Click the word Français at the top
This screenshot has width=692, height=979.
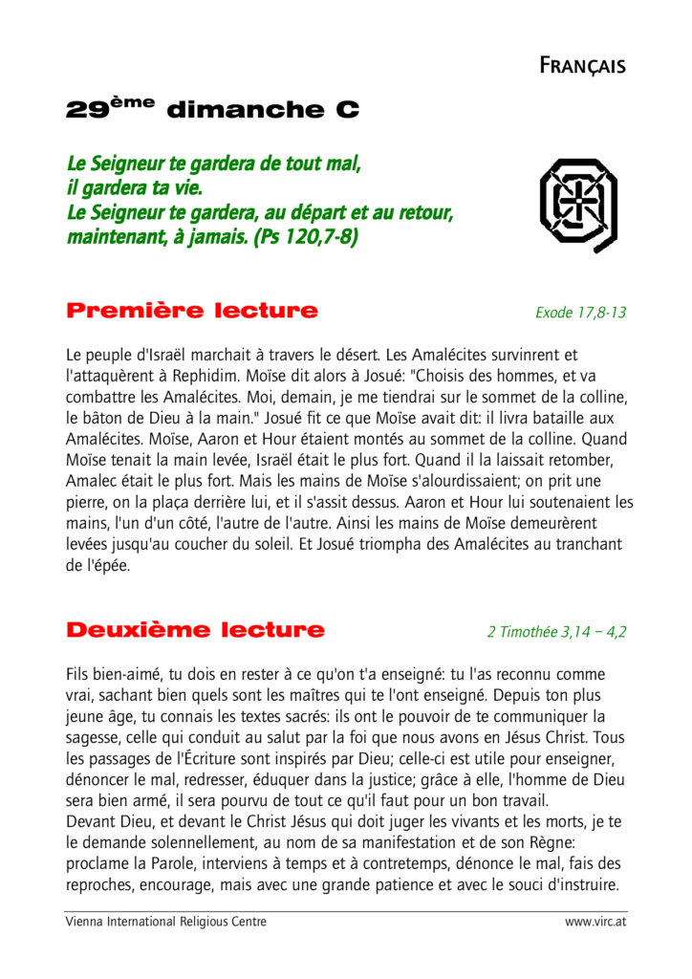[x=582, y=66]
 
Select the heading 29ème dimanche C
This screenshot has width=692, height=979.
[x=212, y=109]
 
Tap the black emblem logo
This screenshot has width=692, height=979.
[x=578, y=204]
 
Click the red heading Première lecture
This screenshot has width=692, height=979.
[x=192, y=311]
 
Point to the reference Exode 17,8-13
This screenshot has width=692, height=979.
[x=581, y=313]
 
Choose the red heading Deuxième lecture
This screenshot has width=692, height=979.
[x=196, y=630]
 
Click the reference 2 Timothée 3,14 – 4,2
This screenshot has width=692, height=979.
[x=556, y=632]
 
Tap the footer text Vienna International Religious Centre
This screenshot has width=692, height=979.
[x=166, y=922]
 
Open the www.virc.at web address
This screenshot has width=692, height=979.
[x=595, y=922]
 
